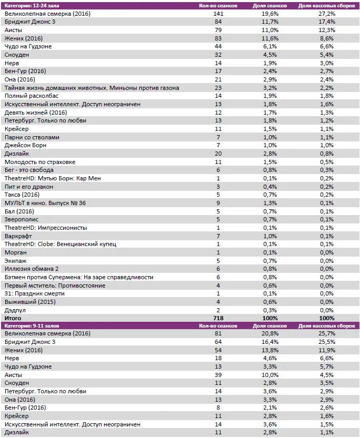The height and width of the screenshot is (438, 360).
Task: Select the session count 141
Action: (x=218, y=13)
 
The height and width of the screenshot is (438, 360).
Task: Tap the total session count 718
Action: (x=218, y=318)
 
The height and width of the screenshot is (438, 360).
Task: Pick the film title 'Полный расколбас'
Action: (x=31, y=96)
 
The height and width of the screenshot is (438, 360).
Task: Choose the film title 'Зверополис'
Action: (x=21, y=219)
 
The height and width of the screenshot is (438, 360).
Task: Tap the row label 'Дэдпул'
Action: (x=15, y=310)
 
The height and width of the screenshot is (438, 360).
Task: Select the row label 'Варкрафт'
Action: (x=18, y=236)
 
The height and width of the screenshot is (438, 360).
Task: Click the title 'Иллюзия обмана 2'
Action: (x=32, y=269)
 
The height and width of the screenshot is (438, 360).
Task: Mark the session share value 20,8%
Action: (x=270, y=334)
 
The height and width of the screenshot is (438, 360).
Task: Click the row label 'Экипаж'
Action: (x=15, y=260)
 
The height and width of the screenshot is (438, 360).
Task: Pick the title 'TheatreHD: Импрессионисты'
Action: (x=45, y=228)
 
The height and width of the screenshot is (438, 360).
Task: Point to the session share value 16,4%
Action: (x=270, y=342)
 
